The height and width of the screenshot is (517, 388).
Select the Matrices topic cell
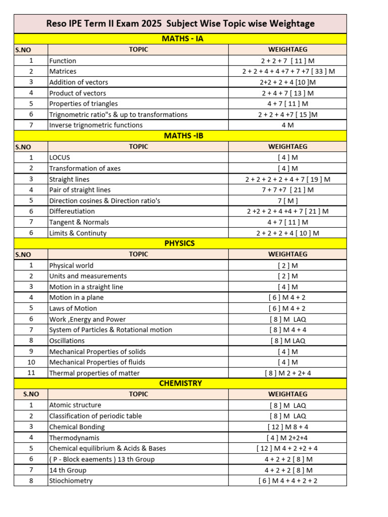[63, 71]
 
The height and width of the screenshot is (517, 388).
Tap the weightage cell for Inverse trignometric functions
[287, 125]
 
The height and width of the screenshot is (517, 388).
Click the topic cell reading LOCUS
[60, 158]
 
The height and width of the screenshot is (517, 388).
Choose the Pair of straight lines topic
[80, 190]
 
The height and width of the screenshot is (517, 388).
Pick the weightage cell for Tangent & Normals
[287, 222]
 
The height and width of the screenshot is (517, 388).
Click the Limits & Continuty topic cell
[78, 233]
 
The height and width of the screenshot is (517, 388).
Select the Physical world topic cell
[71, 265]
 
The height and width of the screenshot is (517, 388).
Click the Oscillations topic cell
[67, 341]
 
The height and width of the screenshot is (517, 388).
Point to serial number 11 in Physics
[31, 373]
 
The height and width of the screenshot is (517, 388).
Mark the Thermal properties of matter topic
[94, 373]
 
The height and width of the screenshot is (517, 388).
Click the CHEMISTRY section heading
[180, 384]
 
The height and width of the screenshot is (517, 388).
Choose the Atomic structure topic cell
[75, 405]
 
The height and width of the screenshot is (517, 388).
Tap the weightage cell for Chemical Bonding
[287, 427]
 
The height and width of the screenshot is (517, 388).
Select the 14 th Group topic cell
[68, 470]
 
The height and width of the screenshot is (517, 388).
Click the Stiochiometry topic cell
[71, 481]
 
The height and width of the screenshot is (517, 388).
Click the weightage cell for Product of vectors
[287, 93]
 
